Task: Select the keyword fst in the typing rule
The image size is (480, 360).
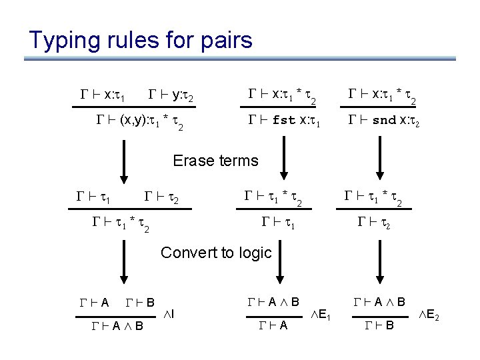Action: (285, 121)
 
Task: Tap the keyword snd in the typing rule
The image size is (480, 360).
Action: (384, 121)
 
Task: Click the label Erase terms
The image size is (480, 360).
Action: (215, 161)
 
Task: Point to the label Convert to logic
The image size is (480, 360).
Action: (217, 253)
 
